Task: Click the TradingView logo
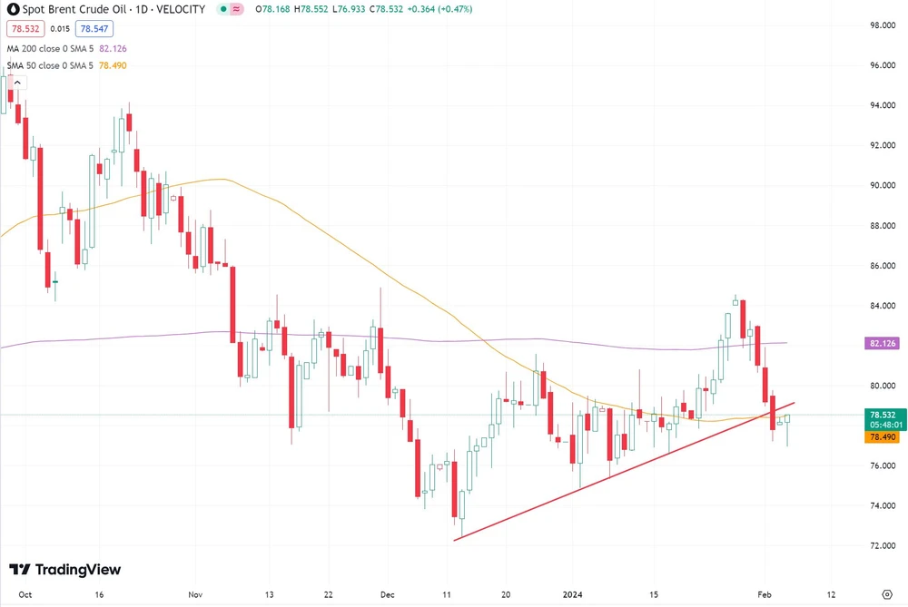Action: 64,570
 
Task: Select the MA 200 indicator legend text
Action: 50,48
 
